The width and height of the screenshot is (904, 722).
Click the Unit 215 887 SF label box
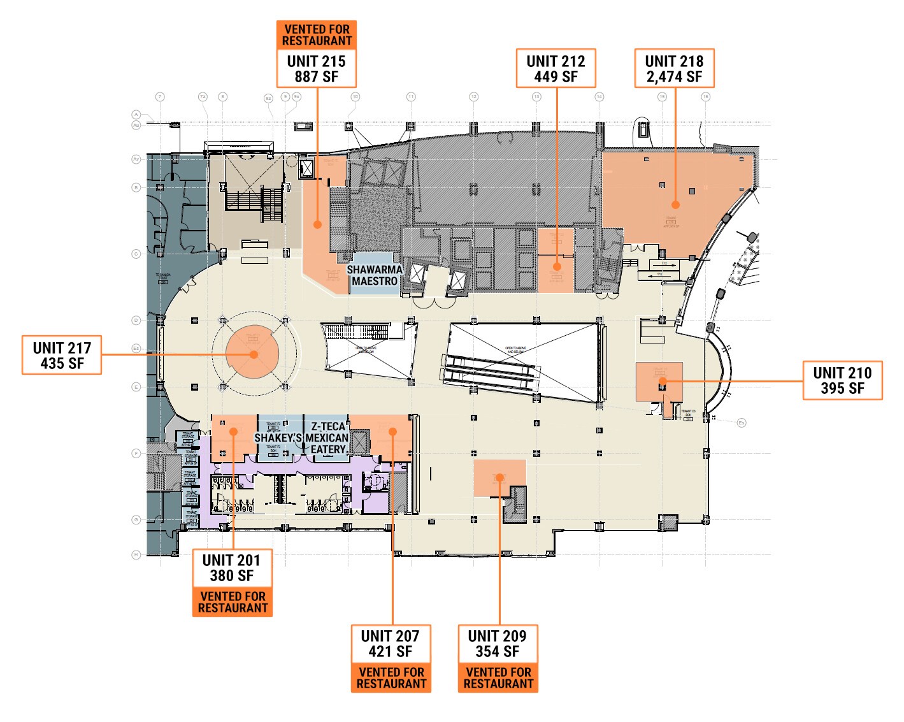316,69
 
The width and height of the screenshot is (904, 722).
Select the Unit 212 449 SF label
556,69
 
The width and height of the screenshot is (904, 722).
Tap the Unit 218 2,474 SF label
674,69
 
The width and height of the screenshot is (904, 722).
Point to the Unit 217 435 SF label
62,356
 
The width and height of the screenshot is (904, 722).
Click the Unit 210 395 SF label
842,380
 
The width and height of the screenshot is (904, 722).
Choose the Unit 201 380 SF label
232,568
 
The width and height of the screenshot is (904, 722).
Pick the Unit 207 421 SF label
391,644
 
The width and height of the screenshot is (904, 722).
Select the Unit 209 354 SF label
498,644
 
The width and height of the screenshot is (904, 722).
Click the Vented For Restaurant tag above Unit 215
317,35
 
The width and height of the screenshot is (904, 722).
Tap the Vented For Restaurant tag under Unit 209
498,678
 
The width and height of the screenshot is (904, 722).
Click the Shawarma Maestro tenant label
375,275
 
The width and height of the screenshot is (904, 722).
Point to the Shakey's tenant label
278,438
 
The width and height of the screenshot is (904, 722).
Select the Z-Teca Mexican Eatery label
327,438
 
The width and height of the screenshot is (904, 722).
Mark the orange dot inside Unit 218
675,205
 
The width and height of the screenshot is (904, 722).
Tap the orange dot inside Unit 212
557,266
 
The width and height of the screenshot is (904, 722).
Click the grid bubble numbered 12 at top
473,97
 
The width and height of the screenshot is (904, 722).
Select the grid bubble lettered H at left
136,554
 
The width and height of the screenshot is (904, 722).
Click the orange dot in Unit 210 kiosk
663,381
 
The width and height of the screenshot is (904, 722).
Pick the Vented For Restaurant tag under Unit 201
233,602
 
